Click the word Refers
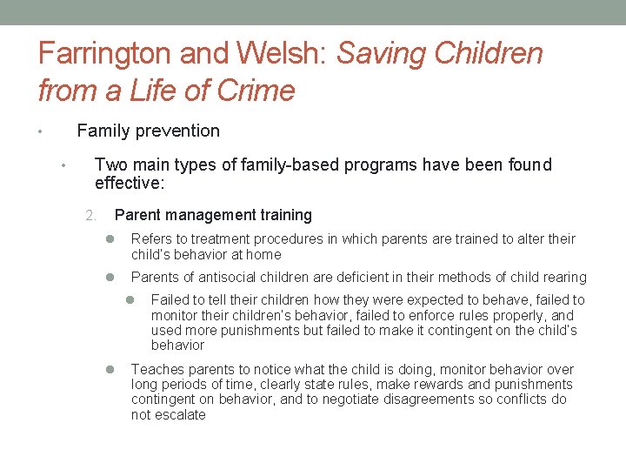click(151, 239)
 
